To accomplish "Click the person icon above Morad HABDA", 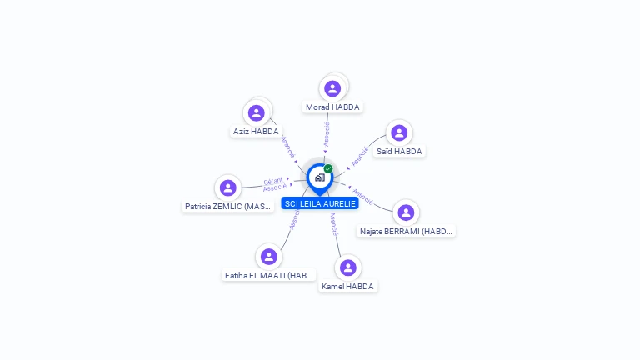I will (x=332, y=88).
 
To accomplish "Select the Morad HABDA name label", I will (x=332, y=107).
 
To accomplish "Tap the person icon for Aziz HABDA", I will (x=256, y=112).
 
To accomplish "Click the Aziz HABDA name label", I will (x=256, y=131).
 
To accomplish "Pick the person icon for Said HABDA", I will (x=399, y=132).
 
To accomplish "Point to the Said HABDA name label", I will (x=399, y=151).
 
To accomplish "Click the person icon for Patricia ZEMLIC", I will (x=227, y=187).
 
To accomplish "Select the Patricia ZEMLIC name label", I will (x=227, y=206).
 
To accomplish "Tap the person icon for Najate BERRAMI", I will (x=406, y=212).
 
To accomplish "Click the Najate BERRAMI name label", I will (x=406, y=231).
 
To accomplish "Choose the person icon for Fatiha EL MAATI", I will (x=268, y=257).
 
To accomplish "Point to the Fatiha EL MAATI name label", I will (x=268, y=275).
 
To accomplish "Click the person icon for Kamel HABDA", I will (x=348, y=267).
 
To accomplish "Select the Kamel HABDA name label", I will (x=348, y=286).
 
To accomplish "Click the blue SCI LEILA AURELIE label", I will (x=320, y=203).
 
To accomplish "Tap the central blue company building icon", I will (x=319, y=177).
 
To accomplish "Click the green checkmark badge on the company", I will (x=328, y=168).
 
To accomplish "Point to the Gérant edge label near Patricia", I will (x=272, y=181).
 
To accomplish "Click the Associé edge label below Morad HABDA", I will (x=327, y=134).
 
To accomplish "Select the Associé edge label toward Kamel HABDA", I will (x=333, y=223).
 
